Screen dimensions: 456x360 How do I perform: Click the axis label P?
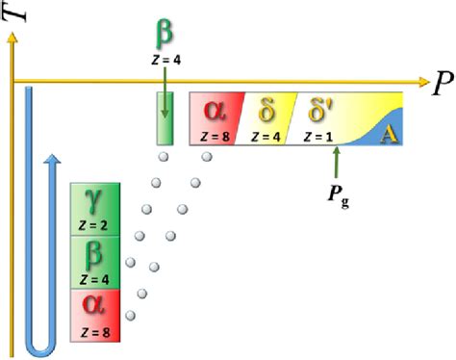(x=443, y=83)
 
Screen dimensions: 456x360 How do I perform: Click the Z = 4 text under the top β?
(x=166, y=60)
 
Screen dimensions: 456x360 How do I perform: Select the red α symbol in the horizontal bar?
(x=215, y=111)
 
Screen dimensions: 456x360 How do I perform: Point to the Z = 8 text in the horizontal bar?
(x=215, y=137)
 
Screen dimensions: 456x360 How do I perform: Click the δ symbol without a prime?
(x=266, y=110)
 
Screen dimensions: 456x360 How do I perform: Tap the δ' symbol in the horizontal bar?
(x=320, y=110)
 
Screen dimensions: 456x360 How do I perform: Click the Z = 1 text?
(x=318, y=137)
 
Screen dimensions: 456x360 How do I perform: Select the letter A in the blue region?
(x=389, y=135)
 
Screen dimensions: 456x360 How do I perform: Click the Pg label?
(x=339, y=195)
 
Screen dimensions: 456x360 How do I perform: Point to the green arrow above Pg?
(x=336, y=162)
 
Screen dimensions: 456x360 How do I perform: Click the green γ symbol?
(x=93, y=201)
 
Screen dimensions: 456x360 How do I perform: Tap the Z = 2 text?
(x=93, y=225)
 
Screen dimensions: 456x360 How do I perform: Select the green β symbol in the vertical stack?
(x=93, y=255)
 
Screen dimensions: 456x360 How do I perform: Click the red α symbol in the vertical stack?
(x=93, y=304)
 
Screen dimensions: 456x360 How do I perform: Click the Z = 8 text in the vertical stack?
(x=95, y=332)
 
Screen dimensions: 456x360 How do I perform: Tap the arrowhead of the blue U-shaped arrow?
(x=52, y=159)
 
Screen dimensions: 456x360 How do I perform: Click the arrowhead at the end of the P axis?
(x=424, y=82)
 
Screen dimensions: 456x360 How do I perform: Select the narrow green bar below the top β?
(x=165, y=118)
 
